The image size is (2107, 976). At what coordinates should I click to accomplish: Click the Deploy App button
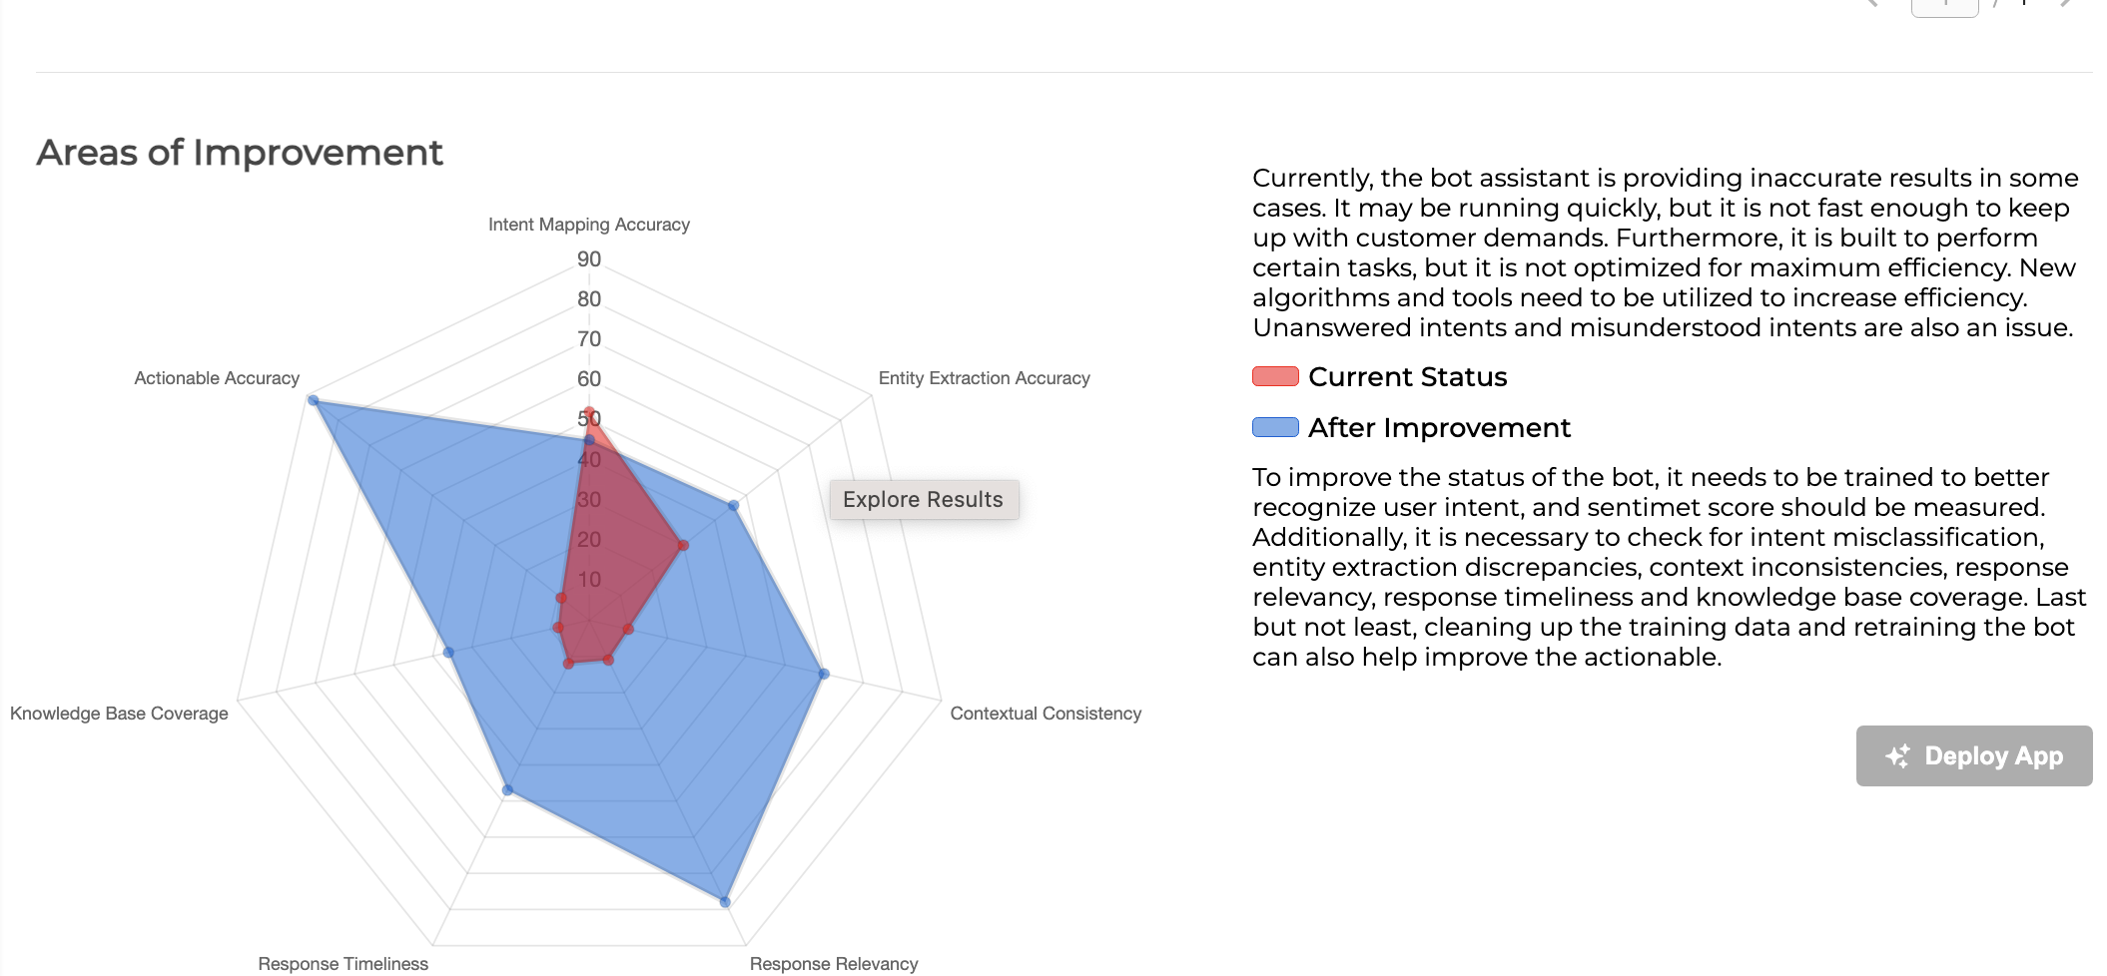(x=1973, y=755)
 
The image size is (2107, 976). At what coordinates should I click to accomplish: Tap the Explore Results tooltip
(x=923, y=499)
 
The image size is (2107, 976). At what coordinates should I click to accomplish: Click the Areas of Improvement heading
(x=240, y=153)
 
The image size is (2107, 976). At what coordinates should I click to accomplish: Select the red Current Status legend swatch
(x=1275, y=376)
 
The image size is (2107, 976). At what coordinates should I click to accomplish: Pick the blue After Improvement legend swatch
(x=1275, y=427)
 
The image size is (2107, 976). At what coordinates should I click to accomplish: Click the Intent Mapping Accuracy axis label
(x=588, y=225)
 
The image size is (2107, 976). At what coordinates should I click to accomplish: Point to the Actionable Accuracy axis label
(x=217, y=378)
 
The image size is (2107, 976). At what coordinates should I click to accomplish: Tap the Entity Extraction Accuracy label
(x=984, y=378)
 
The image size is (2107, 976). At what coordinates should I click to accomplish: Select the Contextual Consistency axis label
(x=1045, y=714)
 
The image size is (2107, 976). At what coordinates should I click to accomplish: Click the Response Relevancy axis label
(x=833, y=963)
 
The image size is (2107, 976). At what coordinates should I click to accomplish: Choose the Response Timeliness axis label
(x=343, y=963)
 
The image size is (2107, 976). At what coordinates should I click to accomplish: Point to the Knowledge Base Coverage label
(x=119, y=714)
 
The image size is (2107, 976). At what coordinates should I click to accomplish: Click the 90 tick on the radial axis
(x=589, y=259)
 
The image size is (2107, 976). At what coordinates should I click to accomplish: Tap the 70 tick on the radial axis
(x=589, y=339)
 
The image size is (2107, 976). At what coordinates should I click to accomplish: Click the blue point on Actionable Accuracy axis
(x=314, y=401)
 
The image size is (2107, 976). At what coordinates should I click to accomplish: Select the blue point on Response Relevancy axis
(x=725, y=902)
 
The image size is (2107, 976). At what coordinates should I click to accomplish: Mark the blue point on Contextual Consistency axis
(x=824, y=674)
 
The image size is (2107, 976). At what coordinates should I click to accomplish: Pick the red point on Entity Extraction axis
(x=683, y=545)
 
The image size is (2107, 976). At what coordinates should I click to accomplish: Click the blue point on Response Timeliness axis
(x=508, y=790)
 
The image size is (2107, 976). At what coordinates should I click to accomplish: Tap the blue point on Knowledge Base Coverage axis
(x=449, y=653)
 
